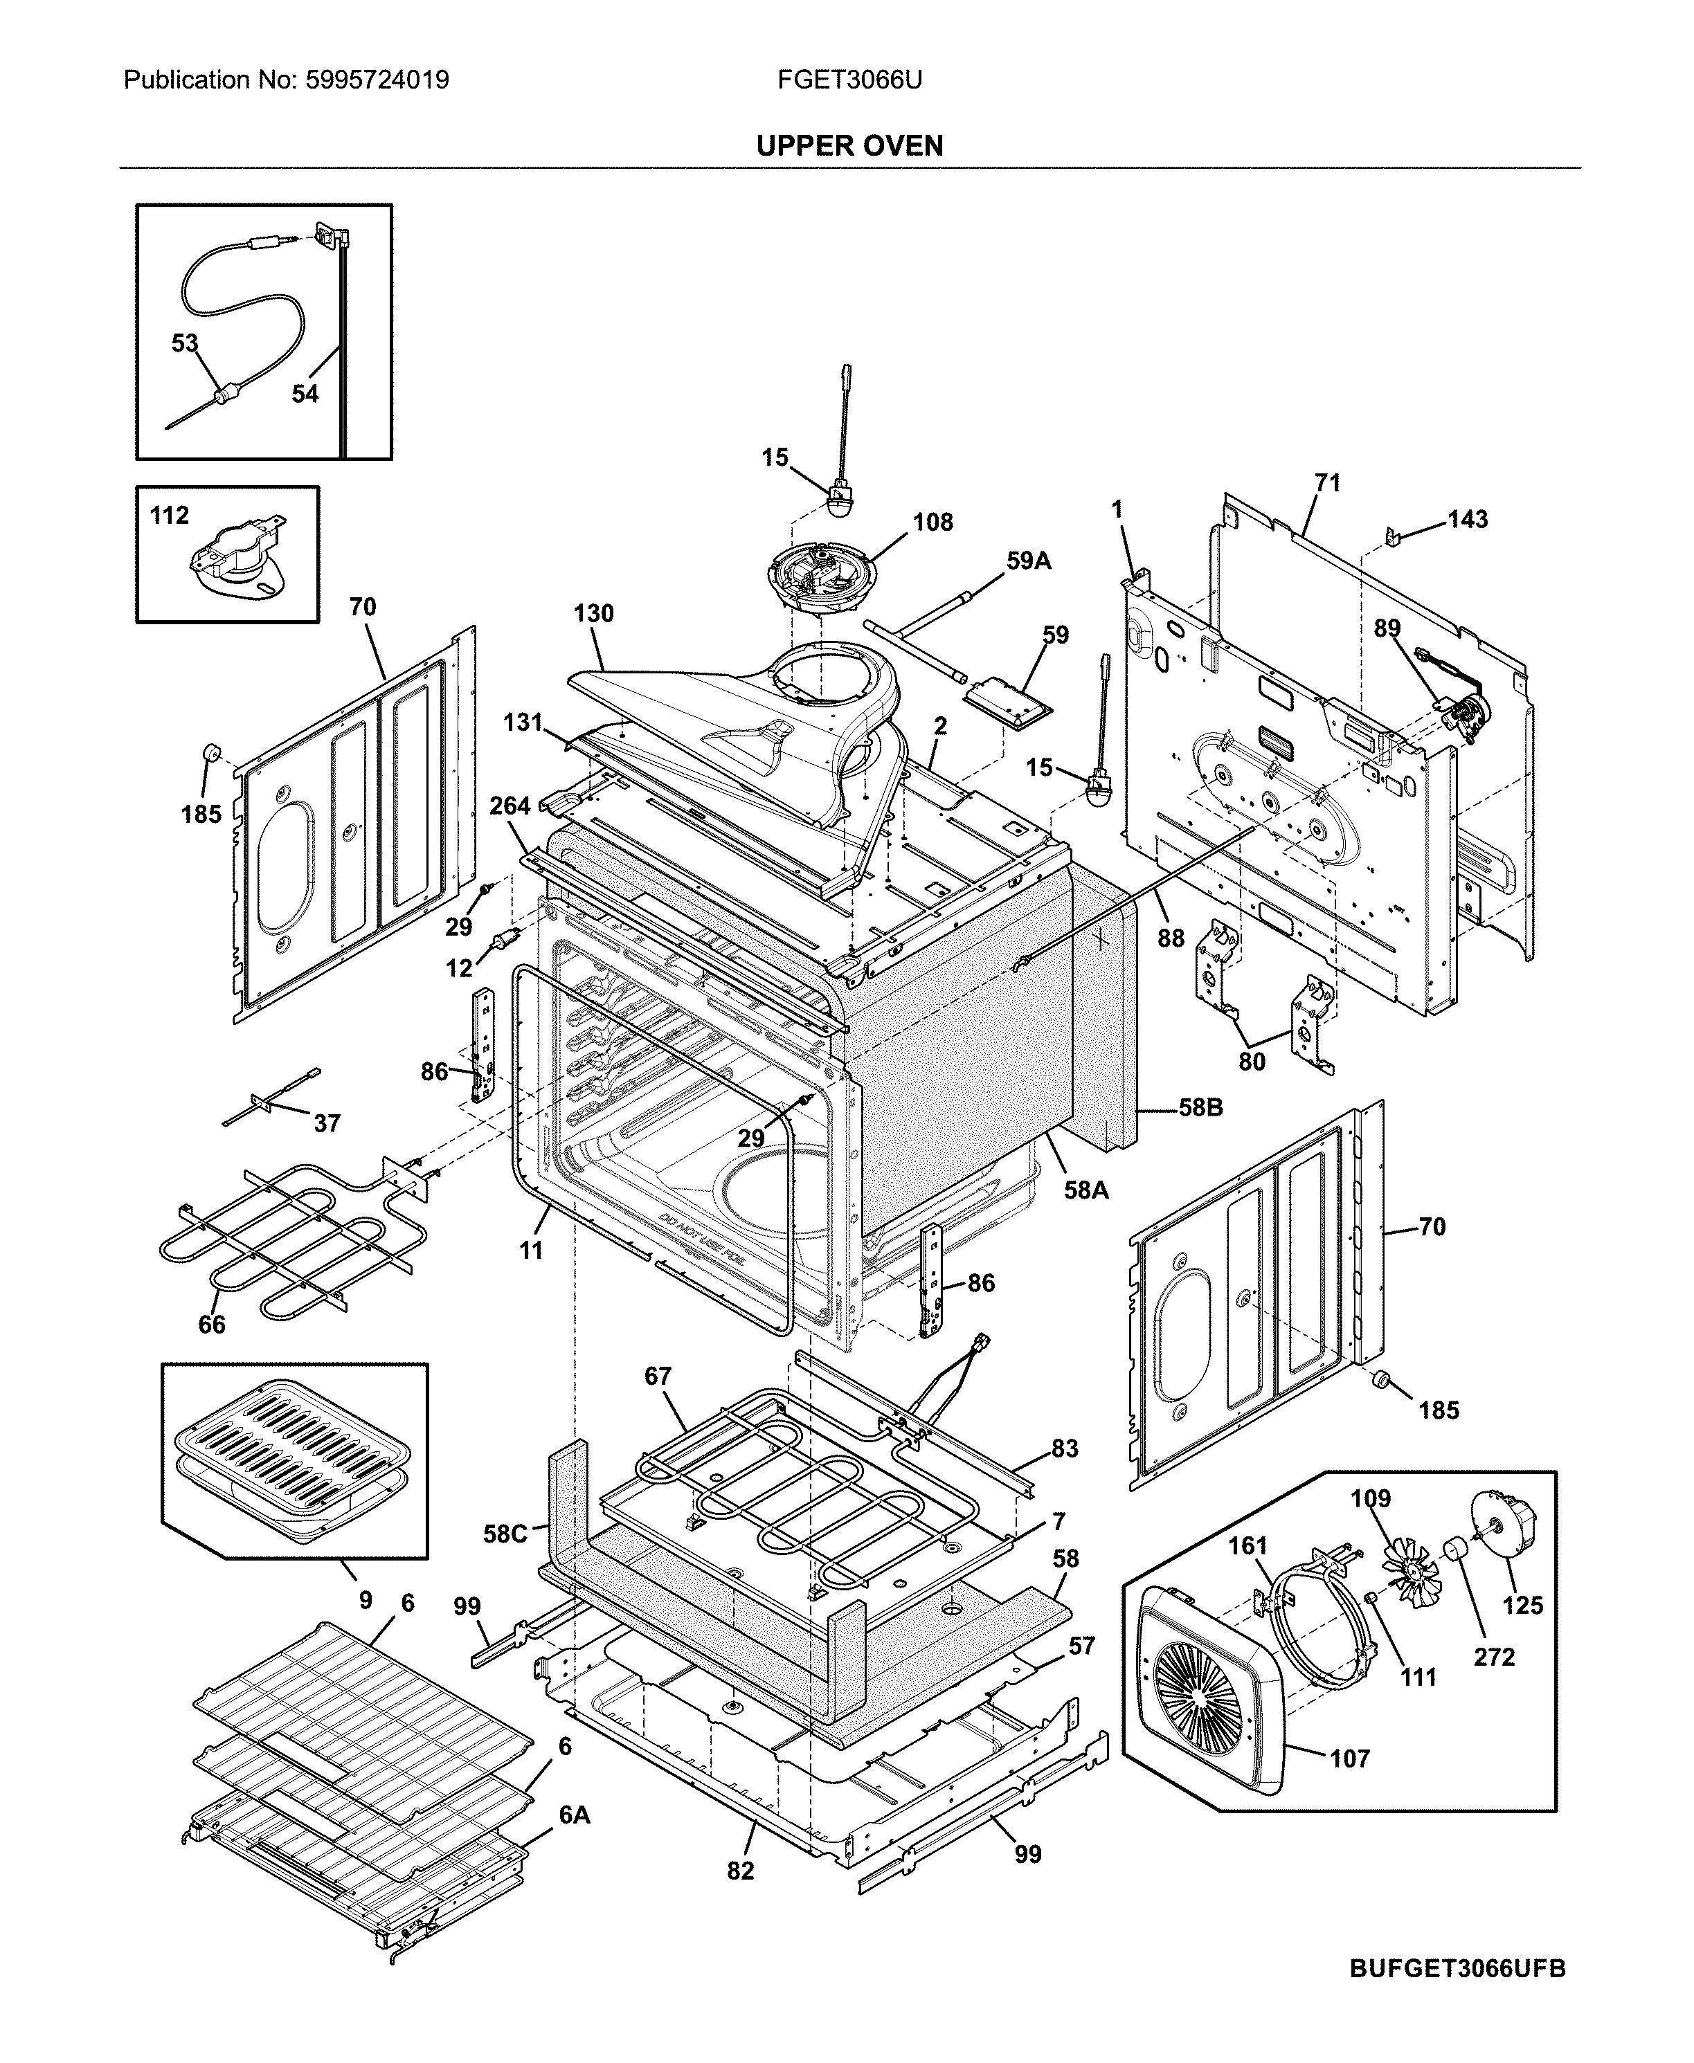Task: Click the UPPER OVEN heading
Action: click(849, 146)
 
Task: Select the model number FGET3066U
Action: click(849, 80)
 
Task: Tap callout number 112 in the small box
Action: click(169, 515)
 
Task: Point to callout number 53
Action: click(184, 343)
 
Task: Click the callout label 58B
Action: click(1200, 1108)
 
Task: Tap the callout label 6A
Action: click(575, 1815)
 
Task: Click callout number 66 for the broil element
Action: click(212, 1325)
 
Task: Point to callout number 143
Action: click(1468, 519)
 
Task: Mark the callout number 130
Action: click(593, 614)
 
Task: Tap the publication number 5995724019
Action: click(378, 80)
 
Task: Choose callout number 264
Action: click(510, 806)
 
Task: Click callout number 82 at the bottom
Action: click(741, 1871)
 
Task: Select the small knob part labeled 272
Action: click(1456, 1548)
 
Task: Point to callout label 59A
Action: click(1029, 561)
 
